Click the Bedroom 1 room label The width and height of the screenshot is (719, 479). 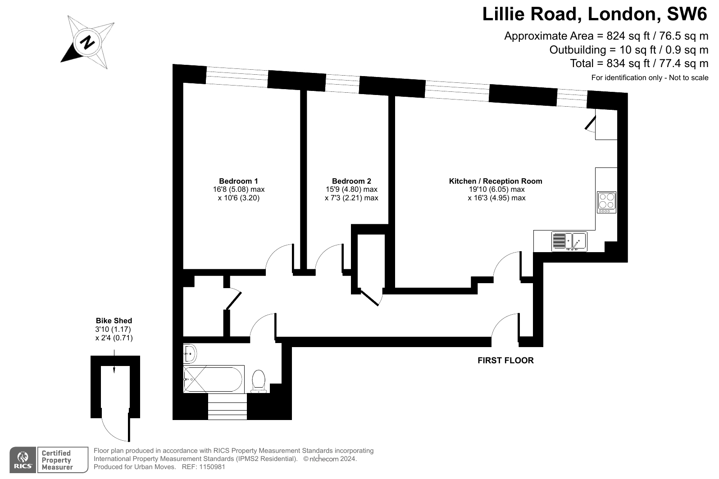(x=238, y=181)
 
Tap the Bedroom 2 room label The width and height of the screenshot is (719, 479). (x=351, y=181)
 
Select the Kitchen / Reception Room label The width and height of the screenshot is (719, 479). (x=496, y=181)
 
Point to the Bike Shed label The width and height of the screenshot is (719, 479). (x=114, y=321)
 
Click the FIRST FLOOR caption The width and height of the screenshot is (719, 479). (x=505, y=360)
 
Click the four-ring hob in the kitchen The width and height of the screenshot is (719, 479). (x=607, y=202)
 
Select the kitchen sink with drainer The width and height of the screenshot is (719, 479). (x=569, y=241)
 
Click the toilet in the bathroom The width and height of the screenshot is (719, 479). (x=259, y=381)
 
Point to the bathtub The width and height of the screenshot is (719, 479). (x=214, y=379)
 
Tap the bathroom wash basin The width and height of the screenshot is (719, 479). (x=190, y=353)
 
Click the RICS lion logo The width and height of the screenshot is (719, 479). (x=23, y=460)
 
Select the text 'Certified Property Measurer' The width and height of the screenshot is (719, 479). (x=57, y=460)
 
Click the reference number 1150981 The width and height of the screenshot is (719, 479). (x=212, y=467)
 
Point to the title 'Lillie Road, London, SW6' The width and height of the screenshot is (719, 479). (x=595, y=14)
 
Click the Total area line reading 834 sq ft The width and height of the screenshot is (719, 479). (x=639, y=63)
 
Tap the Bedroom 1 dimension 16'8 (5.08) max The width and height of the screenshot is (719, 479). (x=239, y=189)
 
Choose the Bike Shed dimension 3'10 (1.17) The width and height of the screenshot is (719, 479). (x=113, y=329)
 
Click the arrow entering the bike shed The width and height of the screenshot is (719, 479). (x=114, y=362)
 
